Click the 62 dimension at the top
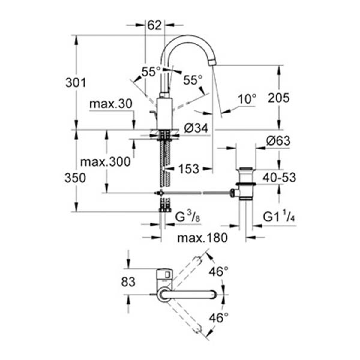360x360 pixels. tap(155, 25)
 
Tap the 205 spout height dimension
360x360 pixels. tap(279, 98)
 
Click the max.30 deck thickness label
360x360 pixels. tap(111, 104)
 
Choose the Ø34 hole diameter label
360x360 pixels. tap(196, 129)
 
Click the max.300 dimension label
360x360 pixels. tap(106, 162)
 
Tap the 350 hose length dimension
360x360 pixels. tap(76, 178)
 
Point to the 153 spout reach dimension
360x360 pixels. tap(189, 169)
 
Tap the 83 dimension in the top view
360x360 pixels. tap(128, 282)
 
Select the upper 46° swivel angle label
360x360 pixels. tap(219, 272)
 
